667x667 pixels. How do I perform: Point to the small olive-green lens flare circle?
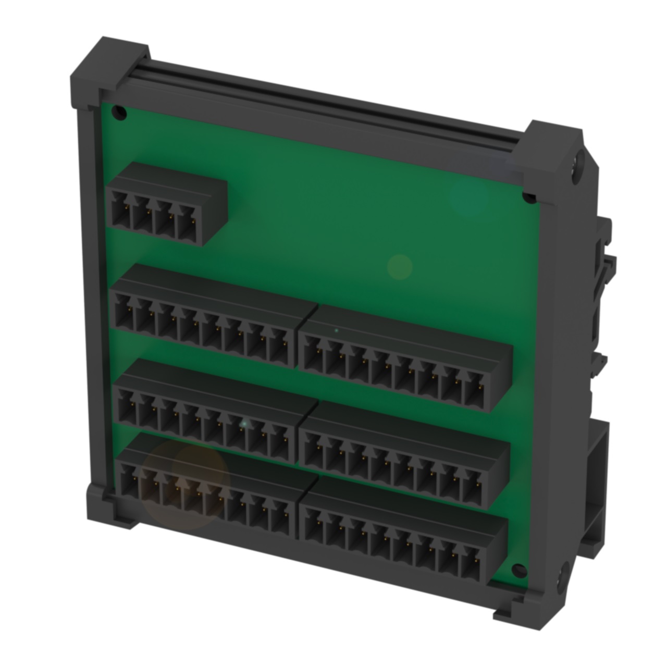(x=400, y=267)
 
